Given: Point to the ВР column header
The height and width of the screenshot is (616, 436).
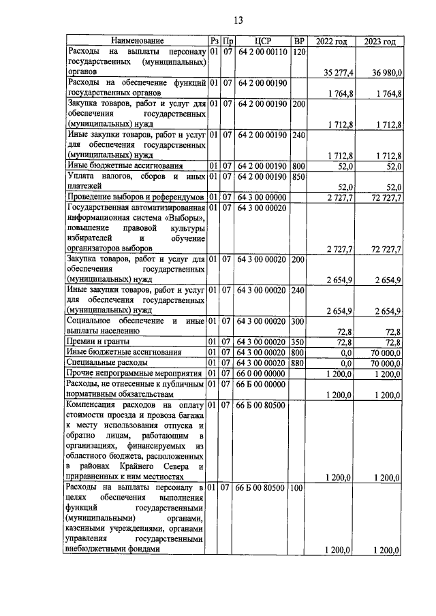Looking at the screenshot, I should coord(298,42).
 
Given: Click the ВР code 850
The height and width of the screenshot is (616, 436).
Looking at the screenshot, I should coord(298,177).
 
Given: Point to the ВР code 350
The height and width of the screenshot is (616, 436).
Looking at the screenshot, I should coord(298,340).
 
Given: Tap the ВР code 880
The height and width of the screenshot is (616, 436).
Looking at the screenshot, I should coord(298,363).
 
